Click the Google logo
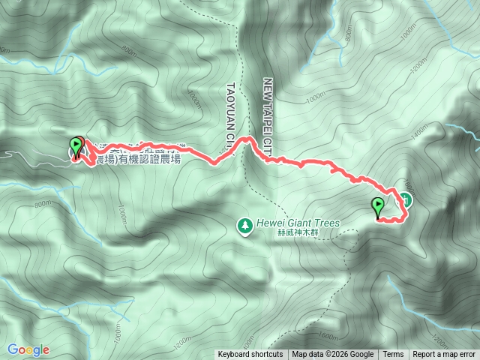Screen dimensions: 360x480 pyautogui.click(x=28, y=349)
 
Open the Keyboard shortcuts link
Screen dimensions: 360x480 pyautogui.click(x=250, y=355)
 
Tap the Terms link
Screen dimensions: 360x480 pyautogui.click(x=393, y=355)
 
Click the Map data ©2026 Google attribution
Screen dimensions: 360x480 pyautogui.click(x=333, y=355)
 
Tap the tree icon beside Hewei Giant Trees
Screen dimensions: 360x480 pyautogui.click(x=244, y=224)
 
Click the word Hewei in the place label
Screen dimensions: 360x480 pyautogui.click(x=269, y=223)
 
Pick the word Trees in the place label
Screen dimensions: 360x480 pyautogui.click(x=327, y=223)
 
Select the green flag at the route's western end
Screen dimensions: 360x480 pyautogui.click(x=76, y=145)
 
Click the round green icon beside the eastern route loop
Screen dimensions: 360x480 pyautogui.click(x=406, y=199)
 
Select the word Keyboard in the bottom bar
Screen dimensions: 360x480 pyautogui.click(x=235, y=355)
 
